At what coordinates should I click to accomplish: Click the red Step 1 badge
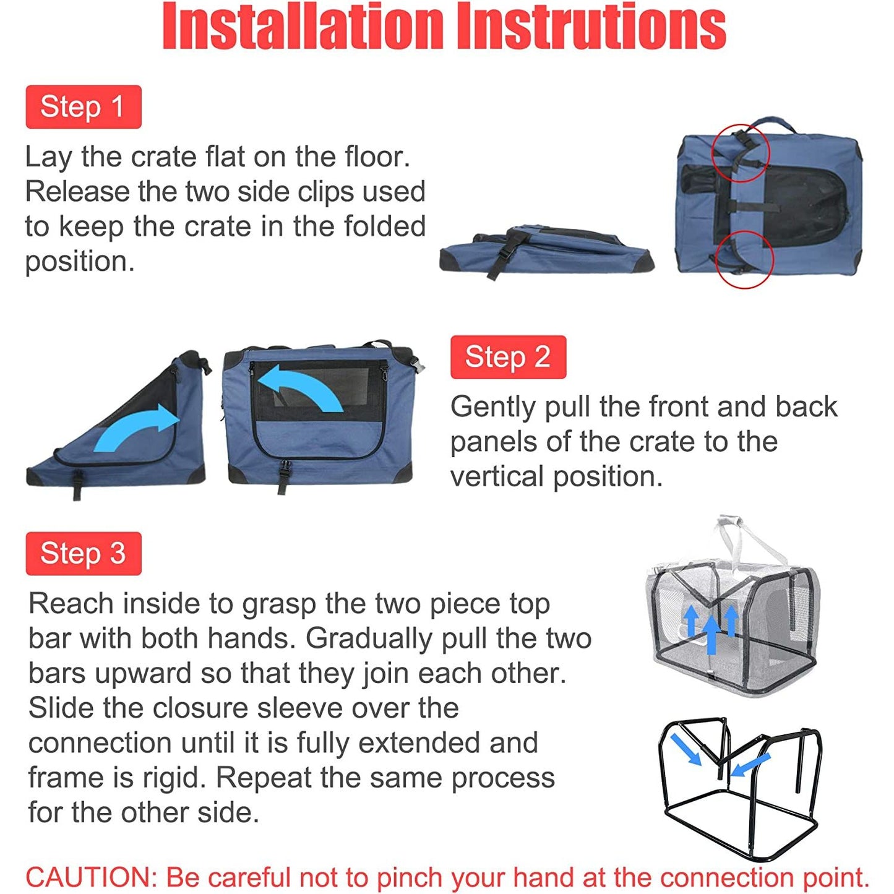84,106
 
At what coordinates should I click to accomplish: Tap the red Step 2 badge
508,357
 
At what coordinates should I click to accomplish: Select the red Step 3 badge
84,554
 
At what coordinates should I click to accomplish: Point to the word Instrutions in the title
591,26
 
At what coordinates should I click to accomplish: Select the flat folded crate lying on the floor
546,251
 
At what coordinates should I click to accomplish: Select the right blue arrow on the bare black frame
750,764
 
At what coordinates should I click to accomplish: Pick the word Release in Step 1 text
77,192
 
